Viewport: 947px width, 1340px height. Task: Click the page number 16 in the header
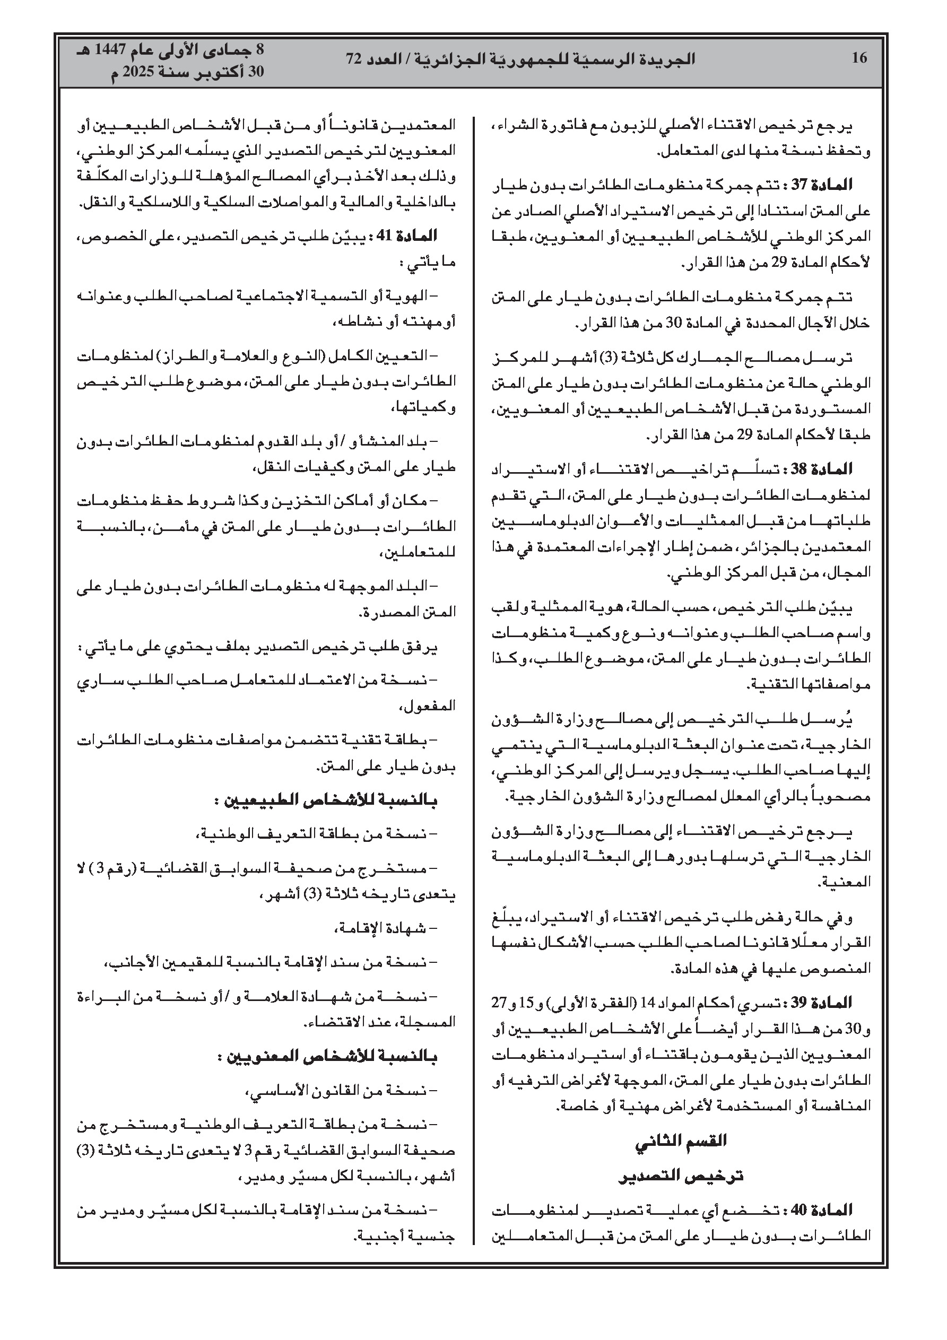point(859,58)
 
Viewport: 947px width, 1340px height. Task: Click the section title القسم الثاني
point(681,1141)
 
